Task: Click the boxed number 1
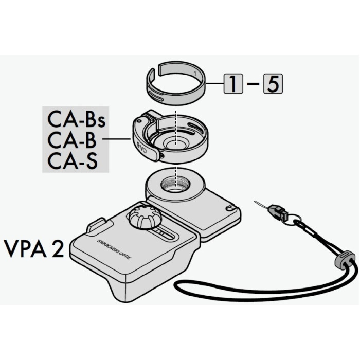pyautogui.click(x=233, y=83)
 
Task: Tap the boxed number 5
pyautogui.click(x=273, y=83)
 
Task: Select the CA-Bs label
pyautogui.click(x=76, y=120)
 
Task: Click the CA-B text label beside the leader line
pyautogui.click(x=71, y=139)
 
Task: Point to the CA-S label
pyautogui.click(x=73, y=160)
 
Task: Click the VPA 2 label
pyautogui.click(x=34, y=248)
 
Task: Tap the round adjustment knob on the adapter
pyautogui.click(x=142, y=217)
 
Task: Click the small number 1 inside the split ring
pyautogui.click(x=195, y=74)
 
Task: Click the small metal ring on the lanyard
pyautogui.click(x=294, y=219)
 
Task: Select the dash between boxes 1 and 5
pyautogui.click(x=253, y=84)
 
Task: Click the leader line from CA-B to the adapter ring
pyautogui.click(x=117, y=139)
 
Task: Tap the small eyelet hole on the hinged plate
pyautogui.click(x=229, y=208)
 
